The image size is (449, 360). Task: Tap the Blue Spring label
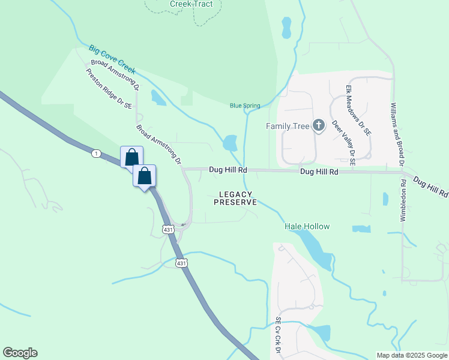tap(245, 106)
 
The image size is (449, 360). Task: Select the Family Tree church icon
tap(319, 125)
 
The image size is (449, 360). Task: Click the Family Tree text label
tap(288, 126)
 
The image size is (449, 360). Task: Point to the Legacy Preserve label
tap(235, 198)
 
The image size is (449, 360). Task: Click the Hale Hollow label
tap(307, 226)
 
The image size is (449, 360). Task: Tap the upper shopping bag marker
tap(132, 157)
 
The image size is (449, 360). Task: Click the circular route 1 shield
tap(96, 154)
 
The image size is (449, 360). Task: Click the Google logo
tap(20, 353)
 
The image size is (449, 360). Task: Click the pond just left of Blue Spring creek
tap(229, 143)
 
